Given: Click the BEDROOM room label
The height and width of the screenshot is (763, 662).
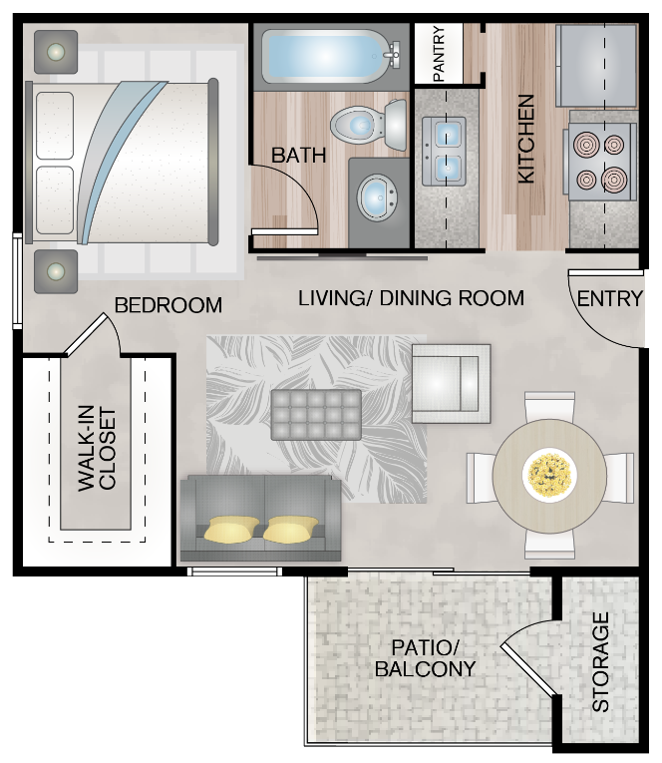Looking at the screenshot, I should point(168,305).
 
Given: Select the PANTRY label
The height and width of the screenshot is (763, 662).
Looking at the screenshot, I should point(440,54).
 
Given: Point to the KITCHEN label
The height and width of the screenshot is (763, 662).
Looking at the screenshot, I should point(526,139).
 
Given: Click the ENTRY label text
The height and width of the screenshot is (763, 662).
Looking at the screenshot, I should point(610,298).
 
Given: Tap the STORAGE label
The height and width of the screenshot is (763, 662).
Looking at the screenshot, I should point(600,662).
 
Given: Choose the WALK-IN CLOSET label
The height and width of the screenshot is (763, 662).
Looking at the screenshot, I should point(97,449).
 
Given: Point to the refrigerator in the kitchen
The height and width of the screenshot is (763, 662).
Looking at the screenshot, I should point(595,65).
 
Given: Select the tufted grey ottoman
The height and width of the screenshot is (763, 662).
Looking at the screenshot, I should point(316,413).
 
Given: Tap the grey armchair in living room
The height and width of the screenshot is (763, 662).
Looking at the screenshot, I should point(451,378).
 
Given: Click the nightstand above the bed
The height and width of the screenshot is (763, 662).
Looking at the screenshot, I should point(56,50).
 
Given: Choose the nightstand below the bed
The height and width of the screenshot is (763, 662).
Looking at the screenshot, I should point(56,270).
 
